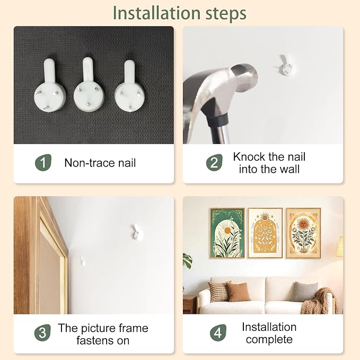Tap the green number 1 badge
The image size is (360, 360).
[43, 163]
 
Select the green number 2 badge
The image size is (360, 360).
[214, 163]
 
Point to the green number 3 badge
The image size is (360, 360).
[42, 332]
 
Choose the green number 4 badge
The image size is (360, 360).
[218, 332]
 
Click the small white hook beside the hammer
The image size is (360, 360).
[286, 65]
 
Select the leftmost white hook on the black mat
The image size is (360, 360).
[50, 86]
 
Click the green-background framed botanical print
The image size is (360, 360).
[227, 233]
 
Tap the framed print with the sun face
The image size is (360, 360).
[303, 233]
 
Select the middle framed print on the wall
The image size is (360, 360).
[265, 233]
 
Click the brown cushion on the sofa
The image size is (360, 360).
[238, 292]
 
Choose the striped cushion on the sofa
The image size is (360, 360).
[218, 291]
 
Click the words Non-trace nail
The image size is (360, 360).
[100, 163]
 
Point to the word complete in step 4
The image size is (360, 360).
[269, 339]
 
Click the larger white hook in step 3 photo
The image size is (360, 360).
[137, 232]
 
